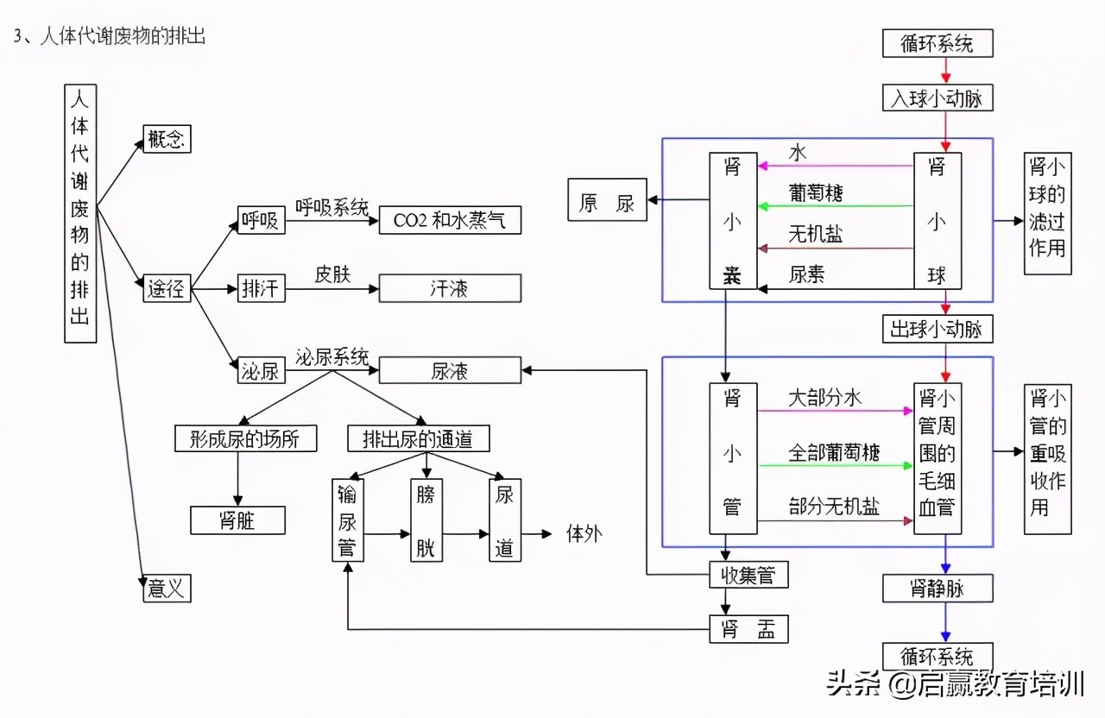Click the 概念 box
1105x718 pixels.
pos(167,139)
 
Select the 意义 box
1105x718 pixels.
pos(167,589)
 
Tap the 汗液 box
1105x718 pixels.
pos(450,288)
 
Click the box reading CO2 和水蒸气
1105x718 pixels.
pos(450,220)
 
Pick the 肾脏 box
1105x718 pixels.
pos(237,520)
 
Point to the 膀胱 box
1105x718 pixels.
pos(425,520)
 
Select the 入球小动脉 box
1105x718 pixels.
pos(937,98)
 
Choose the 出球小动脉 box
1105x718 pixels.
pos(937,329)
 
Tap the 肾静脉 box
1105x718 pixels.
pos(937,589)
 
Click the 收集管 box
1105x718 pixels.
pos(748,574)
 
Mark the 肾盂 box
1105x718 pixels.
pos(748,629)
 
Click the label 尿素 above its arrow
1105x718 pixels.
pos(807,274)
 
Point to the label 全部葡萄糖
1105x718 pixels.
pos(834,452)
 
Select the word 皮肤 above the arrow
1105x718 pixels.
pos(331,274)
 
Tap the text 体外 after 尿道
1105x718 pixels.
pos(584,533)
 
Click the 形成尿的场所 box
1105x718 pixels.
pos(245,438)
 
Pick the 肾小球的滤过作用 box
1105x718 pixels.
pos(1047,214)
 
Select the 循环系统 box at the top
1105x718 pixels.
pos(937,43)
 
